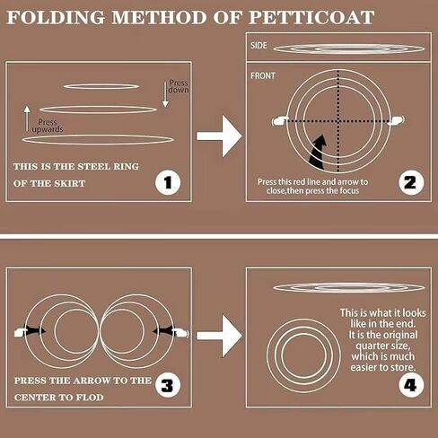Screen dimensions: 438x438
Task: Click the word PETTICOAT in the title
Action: point(311,17)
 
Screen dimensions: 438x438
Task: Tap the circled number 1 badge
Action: point(168,182)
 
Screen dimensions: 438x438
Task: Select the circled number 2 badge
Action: point(411,182)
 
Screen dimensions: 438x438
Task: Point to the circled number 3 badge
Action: point(168,385)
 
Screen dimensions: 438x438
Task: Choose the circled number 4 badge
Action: point(411,385)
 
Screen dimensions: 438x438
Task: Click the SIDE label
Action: point(258,46)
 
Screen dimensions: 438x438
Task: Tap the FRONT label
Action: point(263,76)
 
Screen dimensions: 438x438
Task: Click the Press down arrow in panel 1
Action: point(165,94)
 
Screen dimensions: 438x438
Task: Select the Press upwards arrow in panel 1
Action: point(27,118)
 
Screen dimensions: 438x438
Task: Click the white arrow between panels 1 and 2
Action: point(219,136)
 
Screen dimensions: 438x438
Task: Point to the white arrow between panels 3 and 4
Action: point(219,336)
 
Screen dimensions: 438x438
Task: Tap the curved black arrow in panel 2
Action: point(317,153)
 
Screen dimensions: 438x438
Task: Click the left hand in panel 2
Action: point(280,120)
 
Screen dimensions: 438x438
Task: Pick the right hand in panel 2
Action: point(397,120)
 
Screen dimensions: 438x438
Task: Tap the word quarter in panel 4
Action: point(381,346)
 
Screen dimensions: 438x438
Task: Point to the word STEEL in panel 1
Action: point(93,166)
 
